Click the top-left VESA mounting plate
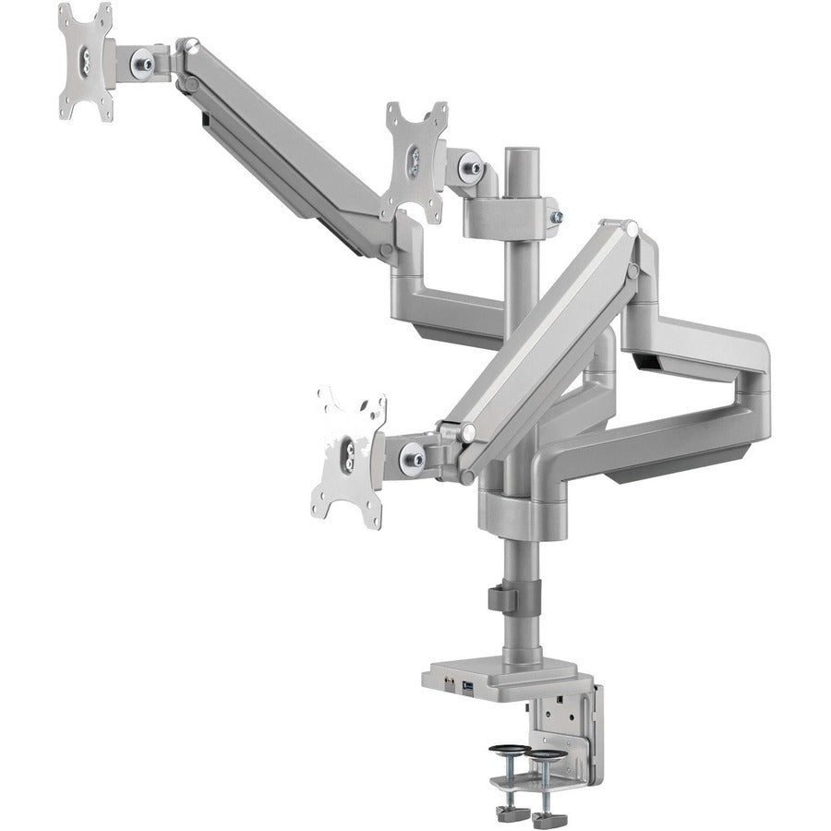86,61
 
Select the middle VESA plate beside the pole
415,161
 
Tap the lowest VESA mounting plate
348,456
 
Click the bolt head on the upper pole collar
557,217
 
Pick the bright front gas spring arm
545,342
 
